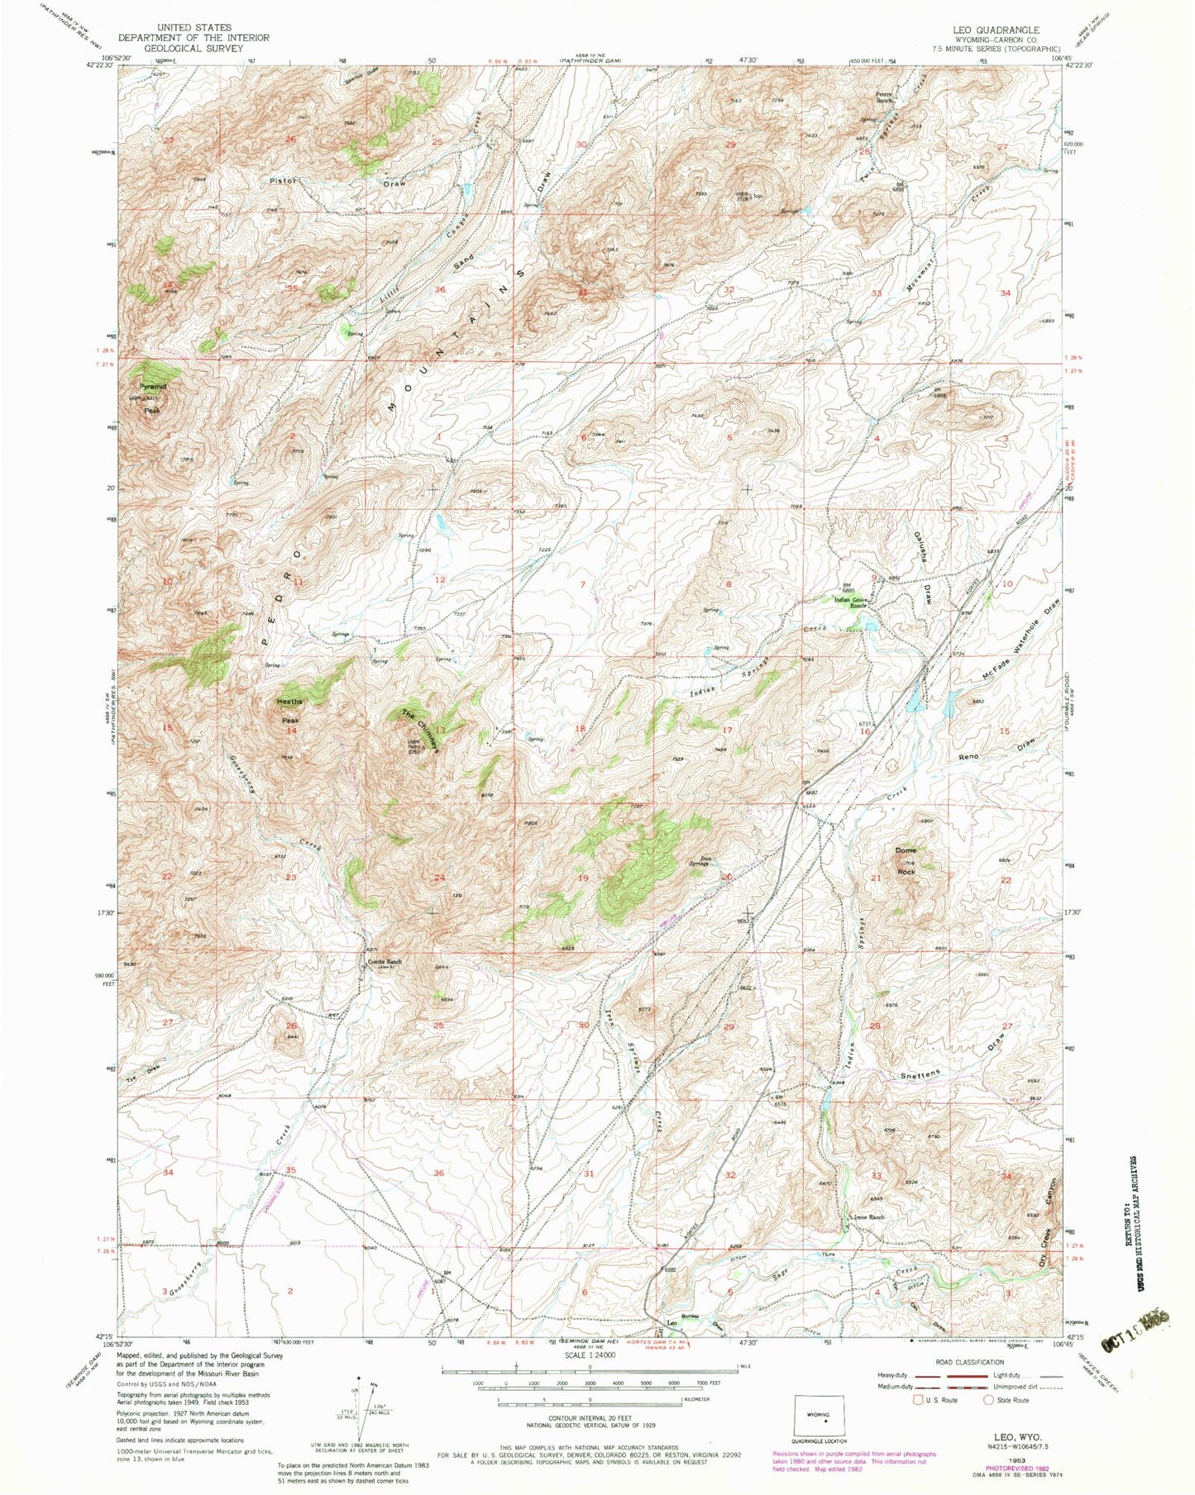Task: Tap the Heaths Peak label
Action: (290, 711)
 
